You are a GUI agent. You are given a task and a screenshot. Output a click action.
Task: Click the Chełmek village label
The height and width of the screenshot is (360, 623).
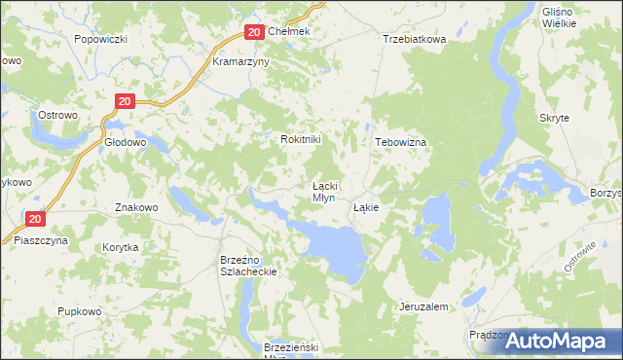click(x=288, y=32)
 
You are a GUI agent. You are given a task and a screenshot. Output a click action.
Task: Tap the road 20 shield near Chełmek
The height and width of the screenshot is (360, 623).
click(x=253, y=32)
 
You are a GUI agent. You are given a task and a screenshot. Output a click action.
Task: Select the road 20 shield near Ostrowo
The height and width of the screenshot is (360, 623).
click(x=124, y=100)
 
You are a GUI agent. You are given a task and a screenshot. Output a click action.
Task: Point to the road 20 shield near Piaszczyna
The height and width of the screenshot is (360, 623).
click(x=35, y=221)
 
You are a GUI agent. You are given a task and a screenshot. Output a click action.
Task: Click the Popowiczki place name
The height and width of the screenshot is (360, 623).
click(x=101, y=39)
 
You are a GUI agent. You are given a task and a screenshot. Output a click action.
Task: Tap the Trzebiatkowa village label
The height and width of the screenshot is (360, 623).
click(x=414, y=39)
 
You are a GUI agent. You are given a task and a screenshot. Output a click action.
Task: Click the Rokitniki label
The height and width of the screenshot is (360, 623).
click(x=300, y=139)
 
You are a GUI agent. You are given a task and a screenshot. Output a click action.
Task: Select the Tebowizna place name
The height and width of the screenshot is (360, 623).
click(x=401, y=141)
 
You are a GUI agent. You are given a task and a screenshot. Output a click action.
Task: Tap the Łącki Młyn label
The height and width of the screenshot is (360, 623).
click(x=324, y=191)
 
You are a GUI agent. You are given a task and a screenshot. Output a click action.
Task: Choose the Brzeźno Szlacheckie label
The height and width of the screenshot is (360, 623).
click(x=249, y=267)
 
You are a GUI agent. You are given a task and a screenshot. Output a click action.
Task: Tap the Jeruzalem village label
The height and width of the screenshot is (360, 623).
click(x=423, y=306)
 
